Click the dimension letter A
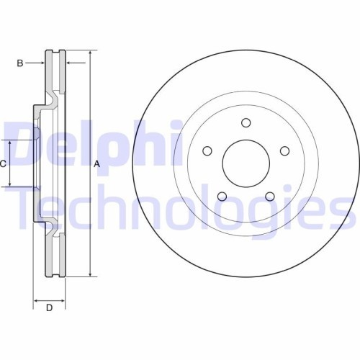(x=96, y=163)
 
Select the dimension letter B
(x=19, y=63)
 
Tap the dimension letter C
(x=3, y=163)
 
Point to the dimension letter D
(x=49, y=309)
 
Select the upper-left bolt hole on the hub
(x=207, y=150)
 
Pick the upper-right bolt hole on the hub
(x=284, y=150)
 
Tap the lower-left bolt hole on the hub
(x=222, y=196)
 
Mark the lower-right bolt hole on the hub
(x=270, y=196)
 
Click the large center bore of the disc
(x=246, y=162)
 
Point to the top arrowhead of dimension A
(x=89, y=54)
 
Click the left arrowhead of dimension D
(x=36, y=299)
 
